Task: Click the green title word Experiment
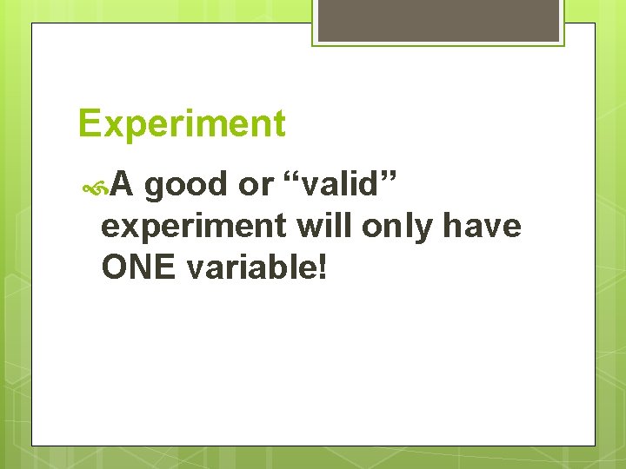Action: click(181, 124)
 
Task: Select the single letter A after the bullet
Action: click(123, 184)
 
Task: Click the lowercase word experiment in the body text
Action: click(194, 227)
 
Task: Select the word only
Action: click(396, 226)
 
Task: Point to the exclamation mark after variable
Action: click(323, 268)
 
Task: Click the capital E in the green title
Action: click(89, 124)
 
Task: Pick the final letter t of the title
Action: click(278, 125)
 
